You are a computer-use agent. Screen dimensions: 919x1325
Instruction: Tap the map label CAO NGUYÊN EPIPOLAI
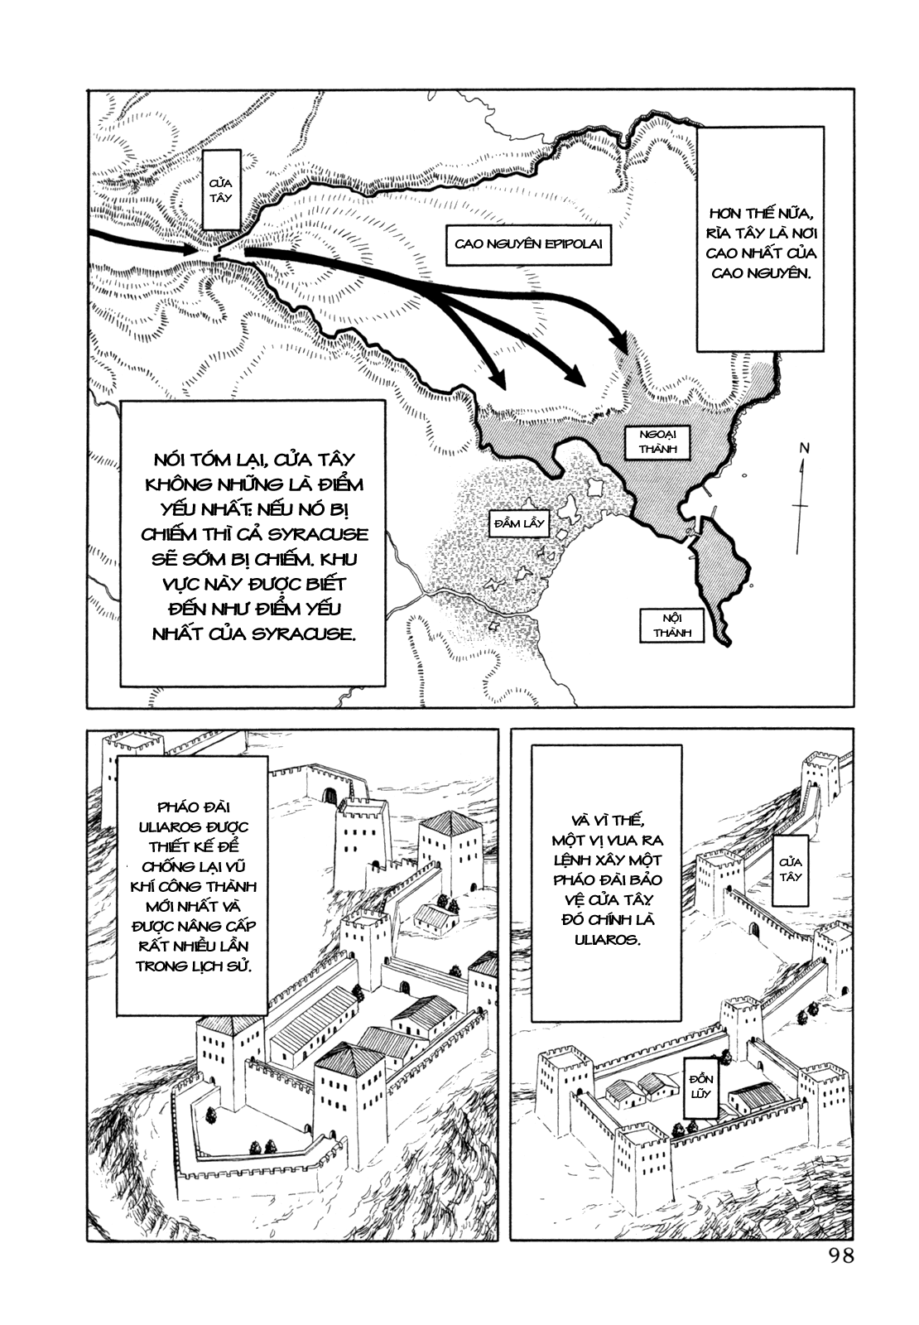coord(527,243)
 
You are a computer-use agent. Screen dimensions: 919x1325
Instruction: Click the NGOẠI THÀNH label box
coord(657,441)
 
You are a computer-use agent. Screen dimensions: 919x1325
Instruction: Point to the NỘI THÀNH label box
coord(671,626)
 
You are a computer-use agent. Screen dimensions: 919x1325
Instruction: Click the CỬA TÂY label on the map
coord(221,190)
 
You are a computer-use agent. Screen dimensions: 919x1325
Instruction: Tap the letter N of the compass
coord(804,448)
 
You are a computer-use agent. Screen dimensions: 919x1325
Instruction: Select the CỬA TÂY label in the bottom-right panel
coord(790,870)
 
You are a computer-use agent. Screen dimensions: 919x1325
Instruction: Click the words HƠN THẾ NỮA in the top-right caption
coord(760,214)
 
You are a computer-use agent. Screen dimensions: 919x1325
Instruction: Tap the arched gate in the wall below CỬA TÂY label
coord(753,931)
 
